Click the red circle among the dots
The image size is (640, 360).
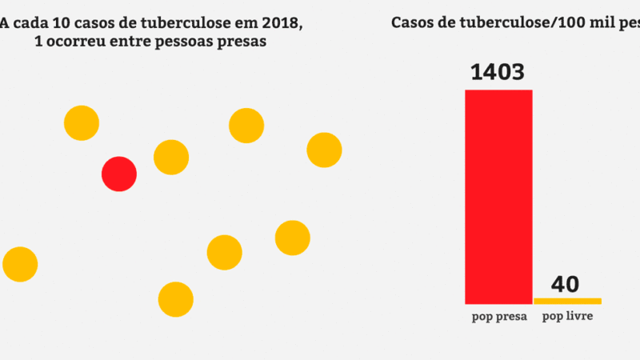[119, 174]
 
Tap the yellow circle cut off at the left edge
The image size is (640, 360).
[19, 264]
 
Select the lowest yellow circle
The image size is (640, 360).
[176, 299]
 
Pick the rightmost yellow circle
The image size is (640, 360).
[324, 150]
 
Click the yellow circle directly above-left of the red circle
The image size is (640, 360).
[82, 123]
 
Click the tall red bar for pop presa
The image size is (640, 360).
[498, 196]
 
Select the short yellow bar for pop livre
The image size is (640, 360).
[567, 301]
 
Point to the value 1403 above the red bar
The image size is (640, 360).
[498, 72]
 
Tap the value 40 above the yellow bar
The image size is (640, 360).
[565, 284]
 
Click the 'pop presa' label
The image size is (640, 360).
[498, 317]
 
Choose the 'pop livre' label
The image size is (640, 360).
[568, 317]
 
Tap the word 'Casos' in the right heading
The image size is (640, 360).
[414, 22]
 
